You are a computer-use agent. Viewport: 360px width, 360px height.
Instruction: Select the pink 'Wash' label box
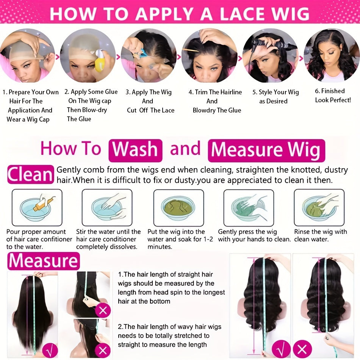click(135, 150)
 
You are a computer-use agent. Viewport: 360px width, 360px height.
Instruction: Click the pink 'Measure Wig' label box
click(266, 150)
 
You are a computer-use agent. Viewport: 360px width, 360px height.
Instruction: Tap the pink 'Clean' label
click(31, 174)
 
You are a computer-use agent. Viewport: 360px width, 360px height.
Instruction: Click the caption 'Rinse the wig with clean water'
click(321, 235)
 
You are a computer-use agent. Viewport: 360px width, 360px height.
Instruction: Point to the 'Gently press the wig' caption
click(247, 232)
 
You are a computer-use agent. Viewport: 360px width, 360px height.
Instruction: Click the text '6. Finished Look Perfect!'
click(333, 95)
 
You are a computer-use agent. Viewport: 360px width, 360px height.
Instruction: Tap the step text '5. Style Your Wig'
click(275, 92)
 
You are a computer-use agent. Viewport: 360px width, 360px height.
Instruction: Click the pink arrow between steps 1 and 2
click(58, 56)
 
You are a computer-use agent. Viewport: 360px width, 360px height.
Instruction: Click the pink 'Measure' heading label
click(44, 261)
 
